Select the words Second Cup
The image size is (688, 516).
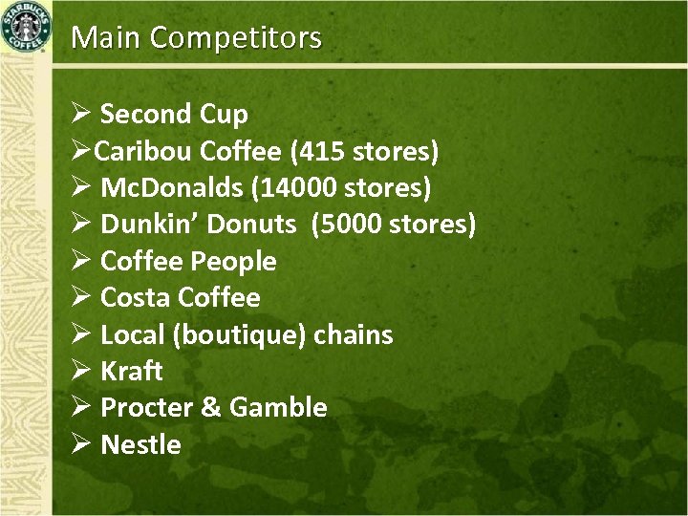tap(174, 115)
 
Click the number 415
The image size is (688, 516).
tap(322, 151)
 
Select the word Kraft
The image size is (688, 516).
tap(132, 371)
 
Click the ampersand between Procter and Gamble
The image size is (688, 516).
tap(210, 408)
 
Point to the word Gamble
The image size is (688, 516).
tap(278, 408)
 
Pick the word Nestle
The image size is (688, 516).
tap(140, 444)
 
